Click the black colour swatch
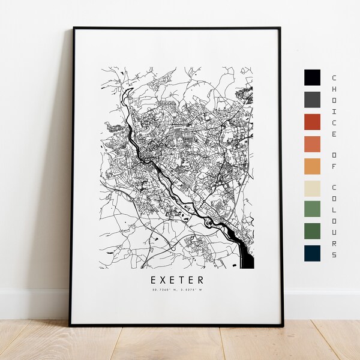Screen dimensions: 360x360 pyautogui.click(x=312, y=77)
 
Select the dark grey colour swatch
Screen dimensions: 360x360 pyautogui.click(x=312, y=99)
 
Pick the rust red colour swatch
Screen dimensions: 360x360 pyautogui.click(x=312, y=122)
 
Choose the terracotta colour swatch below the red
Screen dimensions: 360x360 pyautogui.click(x=312, y=144)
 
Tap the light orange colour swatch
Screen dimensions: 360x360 pyautogui.click(x=312, y=166)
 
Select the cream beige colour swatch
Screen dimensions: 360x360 pyautogui.click(x=312, y=188)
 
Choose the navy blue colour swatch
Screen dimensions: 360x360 pyautogui.click(x=312, y=253)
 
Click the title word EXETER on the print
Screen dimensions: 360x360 pyautogui.click(x=177, y=280)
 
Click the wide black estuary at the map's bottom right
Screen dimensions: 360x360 pyautogui.click(x=247, y=256)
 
